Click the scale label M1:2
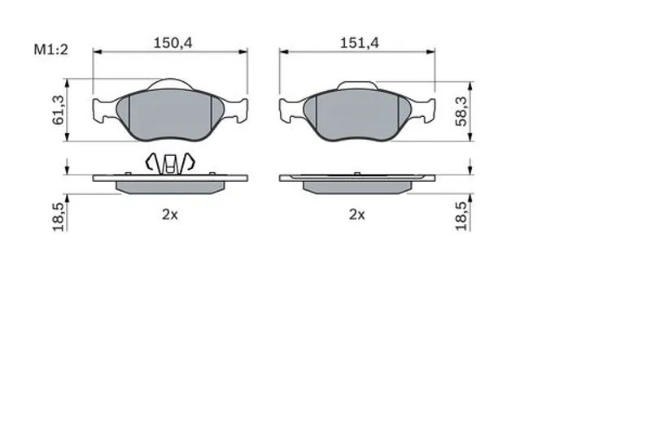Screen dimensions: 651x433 (x=50, y=50)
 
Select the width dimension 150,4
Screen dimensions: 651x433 (x=173, y=43)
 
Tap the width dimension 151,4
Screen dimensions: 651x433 (x=360, y=43)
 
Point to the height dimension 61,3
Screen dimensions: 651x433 (x=58, y=110)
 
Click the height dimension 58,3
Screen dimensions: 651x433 (x=461, y=111)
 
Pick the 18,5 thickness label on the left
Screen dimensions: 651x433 (x=58, y=217)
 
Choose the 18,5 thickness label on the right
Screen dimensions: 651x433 (x=461, y=216)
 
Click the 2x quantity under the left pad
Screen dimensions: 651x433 (x=170, y=214)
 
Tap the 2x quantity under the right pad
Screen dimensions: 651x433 (x=357, y=214)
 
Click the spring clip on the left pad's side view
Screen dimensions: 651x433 (x=170, y=162)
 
